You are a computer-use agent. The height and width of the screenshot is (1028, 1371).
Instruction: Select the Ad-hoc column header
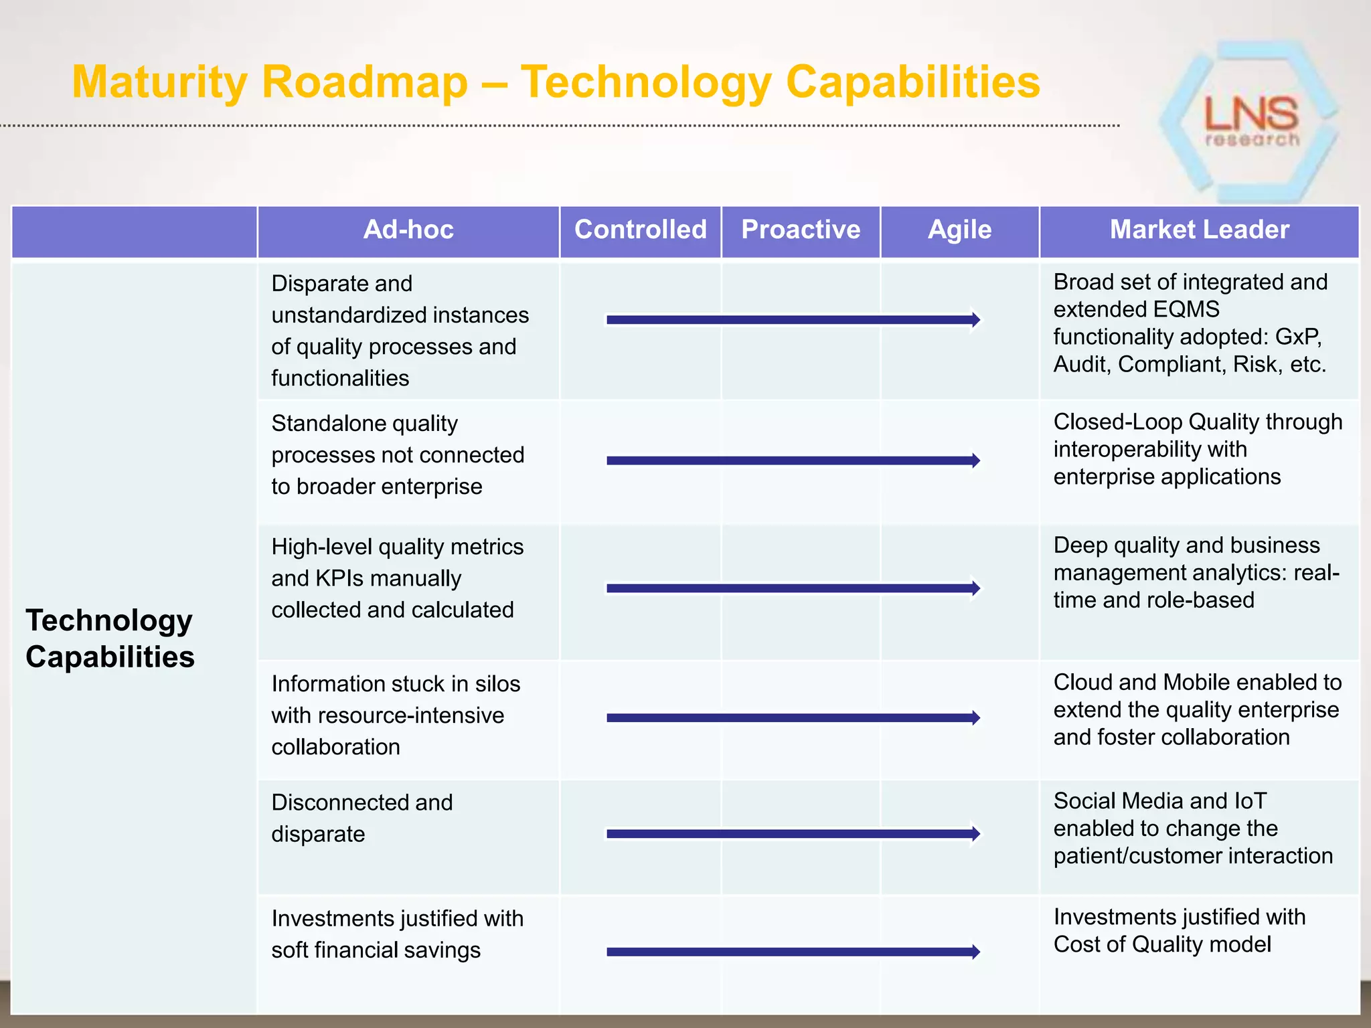(x=408, y=230)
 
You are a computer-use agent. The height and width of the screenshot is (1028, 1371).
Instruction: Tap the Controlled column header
(x=641, y=230)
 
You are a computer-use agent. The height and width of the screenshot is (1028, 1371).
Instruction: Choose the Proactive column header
(x=801, y=230)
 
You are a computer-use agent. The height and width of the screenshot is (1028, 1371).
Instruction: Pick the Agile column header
(x=959, y=230)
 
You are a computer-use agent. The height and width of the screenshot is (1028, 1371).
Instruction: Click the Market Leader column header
(x=1199, y=230)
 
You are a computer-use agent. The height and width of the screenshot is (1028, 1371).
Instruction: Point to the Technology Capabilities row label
(x=110, y=638)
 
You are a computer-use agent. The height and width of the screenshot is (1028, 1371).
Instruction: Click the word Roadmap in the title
(x=365, y=82)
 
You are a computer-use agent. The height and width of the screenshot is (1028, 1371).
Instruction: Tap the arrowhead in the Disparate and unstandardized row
(x=975, y=320)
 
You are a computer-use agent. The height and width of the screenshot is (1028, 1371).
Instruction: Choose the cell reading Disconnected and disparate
(x=361, y=819)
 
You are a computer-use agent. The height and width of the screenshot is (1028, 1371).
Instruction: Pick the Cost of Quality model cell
(x=1179, y=930)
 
